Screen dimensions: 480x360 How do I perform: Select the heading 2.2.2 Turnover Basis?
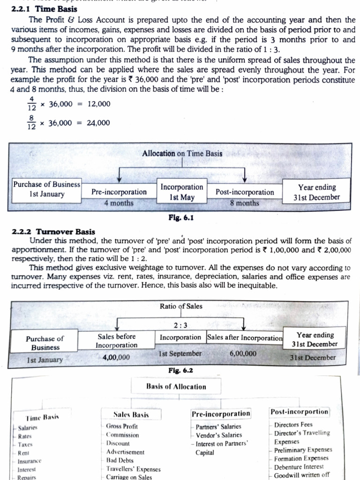(x=52, y=232)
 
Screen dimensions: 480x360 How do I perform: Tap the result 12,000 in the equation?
(x=99, y=104)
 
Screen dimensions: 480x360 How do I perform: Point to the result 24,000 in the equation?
(x=99, y=123)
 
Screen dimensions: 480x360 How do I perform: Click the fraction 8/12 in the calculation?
(x=32, y=123)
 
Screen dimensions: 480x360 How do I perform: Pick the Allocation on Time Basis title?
(x=182, y=153)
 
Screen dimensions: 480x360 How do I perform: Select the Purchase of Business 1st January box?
(x=46, y=189)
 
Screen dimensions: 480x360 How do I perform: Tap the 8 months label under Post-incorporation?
(x=244, y=203)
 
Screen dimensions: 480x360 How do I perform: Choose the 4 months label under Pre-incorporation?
(x=119, y=203)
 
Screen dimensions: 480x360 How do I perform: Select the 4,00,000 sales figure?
(x=116, y=357)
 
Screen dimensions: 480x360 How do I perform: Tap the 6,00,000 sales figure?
(x=243, y=353)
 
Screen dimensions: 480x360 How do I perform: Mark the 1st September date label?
(x=180, y=353)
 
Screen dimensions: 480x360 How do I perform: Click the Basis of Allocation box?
(x=176, y=387)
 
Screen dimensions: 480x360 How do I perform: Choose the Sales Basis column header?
(x=131, y=414)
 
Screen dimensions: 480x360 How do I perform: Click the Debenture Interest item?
(x=299, y=467)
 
